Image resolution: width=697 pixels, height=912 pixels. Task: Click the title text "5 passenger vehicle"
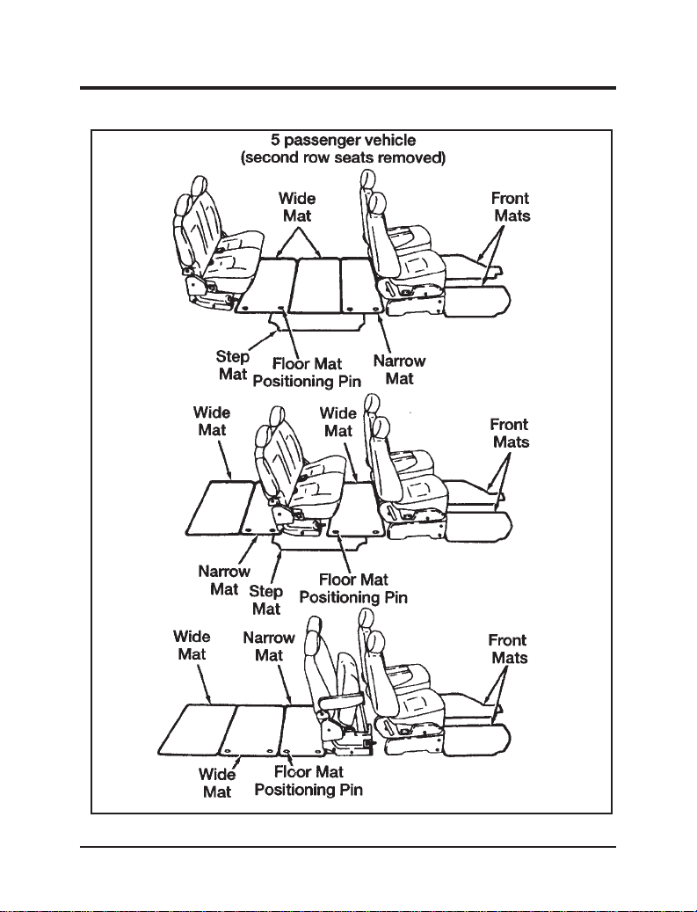(344, 140)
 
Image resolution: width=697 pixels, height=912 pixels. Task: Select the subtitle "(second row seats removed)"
(343, 157)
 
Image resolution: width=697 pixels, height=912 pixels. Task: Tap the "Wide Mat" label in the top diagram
(297, 207)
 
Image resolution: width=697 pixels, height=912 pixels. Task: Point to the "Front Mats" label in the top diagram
(511, 207)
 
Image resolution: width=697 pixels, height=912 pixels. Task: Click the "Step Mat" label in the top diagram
(233, 365)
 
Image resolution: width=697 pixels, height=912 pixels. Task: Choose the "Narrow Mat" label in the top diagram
(399, 370)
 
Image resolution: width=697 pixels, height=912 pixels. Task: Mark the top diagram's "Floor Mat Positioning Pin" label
(308, 373)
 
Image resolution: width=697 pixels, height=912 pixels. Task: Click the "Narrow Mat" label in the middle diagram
(224, 580)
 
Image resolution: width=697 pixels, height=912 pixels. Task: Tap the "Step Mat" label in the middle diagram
(265, 601)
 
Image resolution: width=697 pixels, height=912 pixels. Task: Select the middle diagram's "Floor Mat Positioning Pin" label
(353, 588)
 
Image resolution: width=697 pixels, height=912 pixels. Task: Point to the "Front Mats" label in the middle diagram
(510, 434)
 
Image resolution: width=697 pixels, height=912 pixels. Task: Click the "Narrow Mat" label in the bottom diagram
(269, 646)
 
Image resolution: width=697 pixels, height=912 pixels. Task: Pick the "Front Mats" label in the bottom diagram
(508, 649)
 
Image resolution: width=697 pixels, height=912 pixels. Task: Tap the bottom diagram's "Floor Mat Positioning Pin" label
(309, 781)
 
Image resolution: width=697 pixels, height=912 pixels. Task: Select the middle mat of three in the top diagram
(315, 286)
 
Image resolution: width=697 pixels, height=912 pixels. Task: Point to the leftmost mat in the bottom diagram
(198, 729)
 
